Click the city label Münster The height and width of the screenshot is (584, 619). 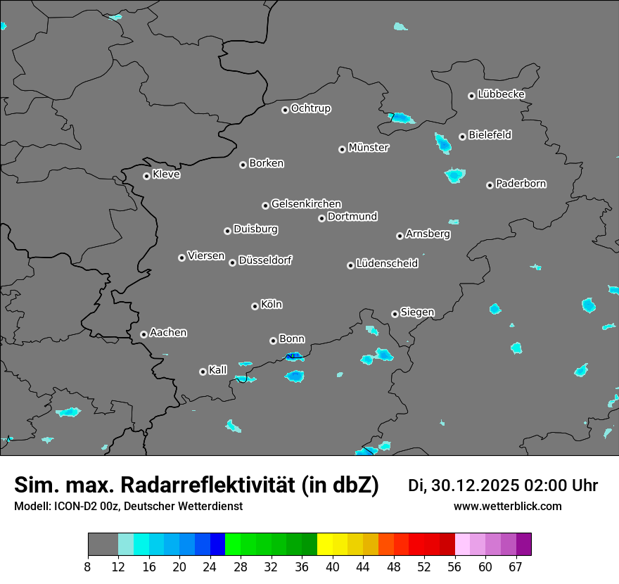[369, 148]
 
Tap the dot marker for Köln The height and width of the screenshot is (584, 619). [255, 306]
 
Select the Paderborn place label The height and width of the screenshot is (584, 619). [521, 184]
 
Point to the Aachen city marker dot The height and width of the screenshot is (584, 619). [143, 334]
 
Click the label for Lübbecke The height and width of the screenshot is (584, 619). [501, 94]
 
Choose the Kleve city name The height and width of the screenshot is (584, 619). [166, 174]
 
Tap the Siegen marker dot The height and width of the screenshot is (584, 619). [395, 314]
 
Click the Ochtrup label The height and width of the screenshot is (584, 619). [310, 108]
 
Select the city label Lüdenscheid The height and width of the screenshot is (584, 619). [387, 264]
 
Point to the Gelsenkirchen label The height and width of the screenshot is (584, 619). [306, 204]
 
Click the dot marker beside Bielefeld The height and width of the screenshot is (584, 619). [462, 137]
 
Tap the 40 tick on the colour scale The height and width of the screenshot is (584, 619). [333, 566]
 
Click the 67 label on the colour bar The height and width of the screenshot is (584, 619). [516, 566]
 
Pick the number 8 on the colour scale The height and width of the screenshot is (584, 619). [88, 566]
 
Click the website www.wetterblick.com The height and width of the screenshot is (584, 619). [507, 507]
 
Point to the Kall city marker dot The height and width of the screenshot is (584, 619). [203, 372]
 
